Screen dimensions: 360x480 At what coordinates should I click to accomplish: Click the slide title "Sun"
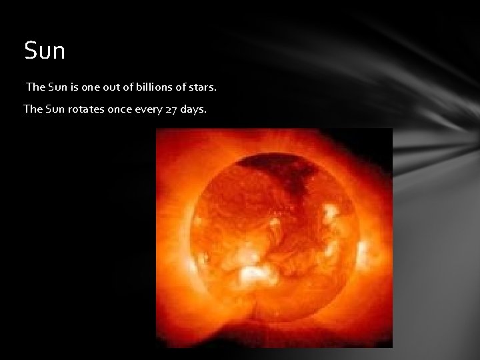pyautogui.click(x=45, y=51)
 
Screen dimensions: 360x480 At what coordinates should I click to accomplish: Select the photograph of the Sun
pyautogui.click(x=274, y=237)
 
